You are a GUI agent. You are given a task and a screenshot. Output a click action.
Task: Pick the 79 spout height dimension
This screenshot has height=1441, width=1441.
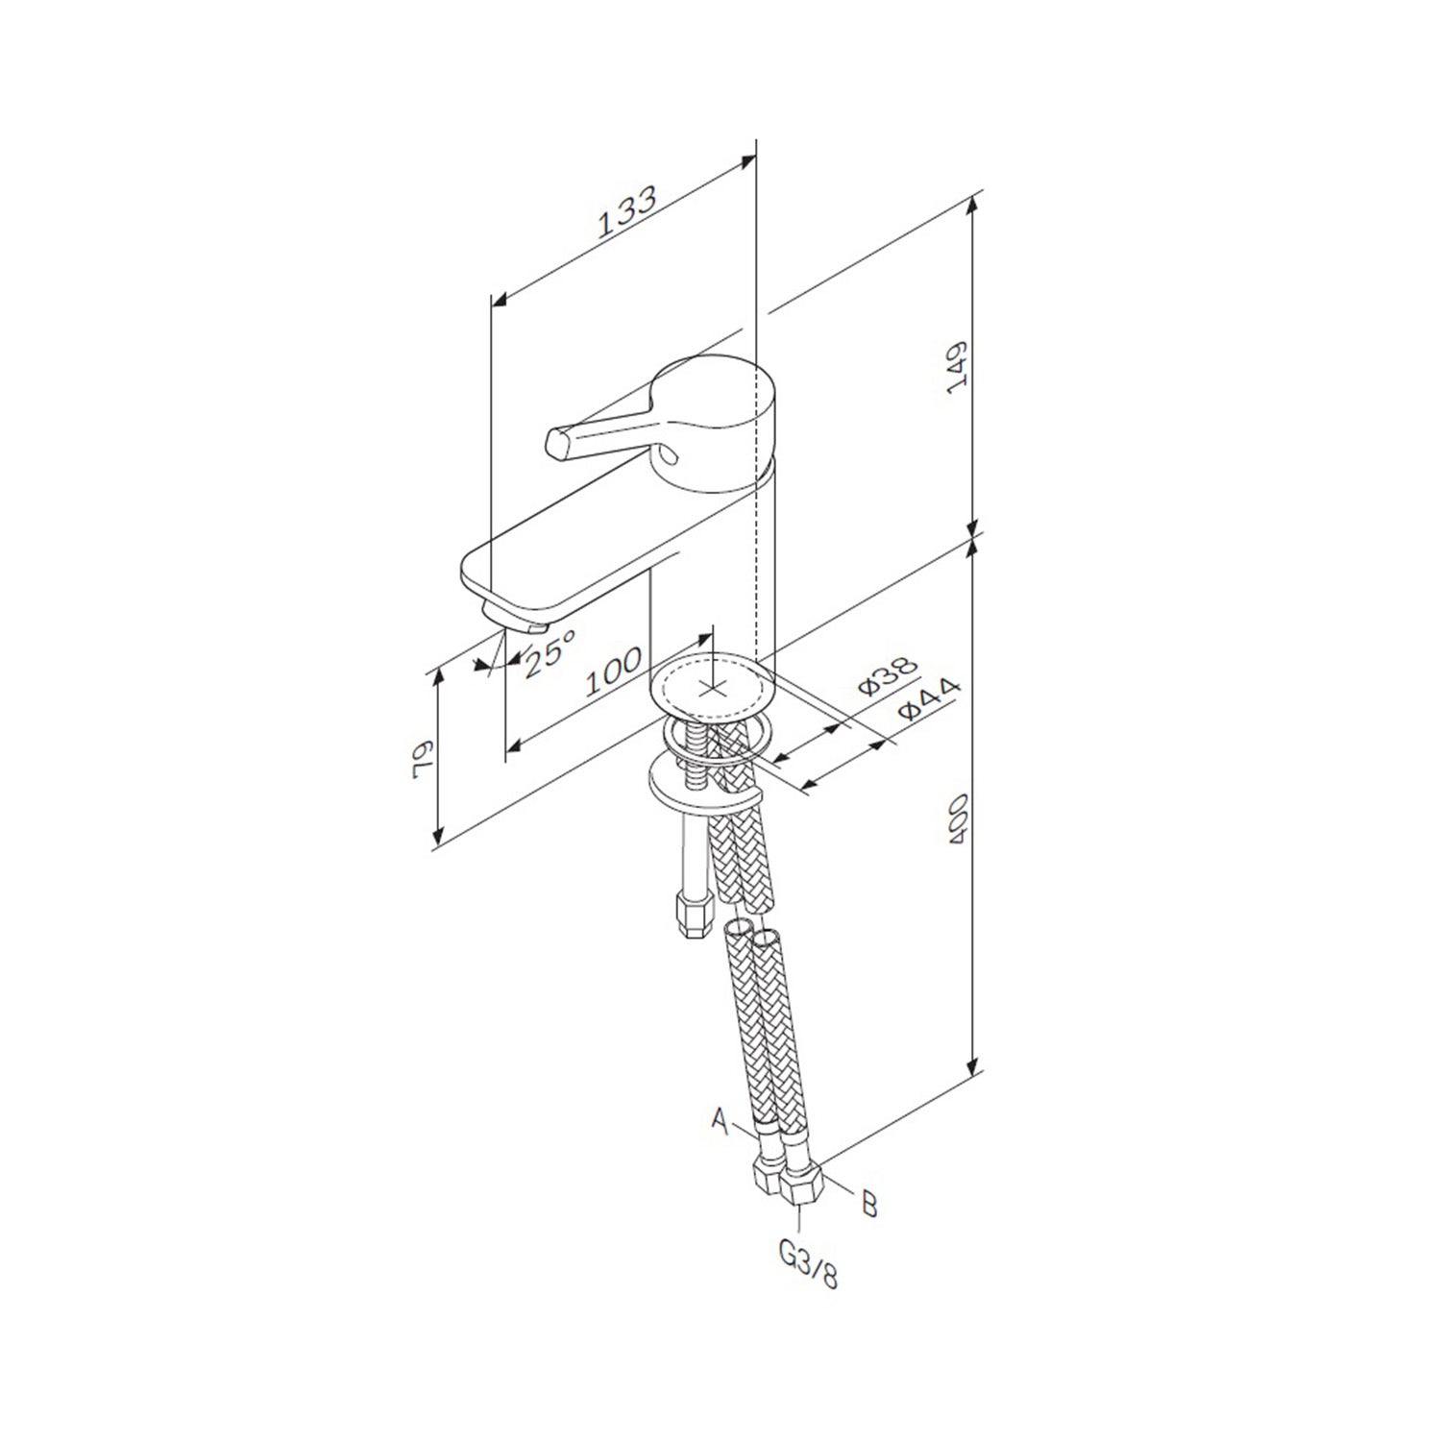tap(420, 758)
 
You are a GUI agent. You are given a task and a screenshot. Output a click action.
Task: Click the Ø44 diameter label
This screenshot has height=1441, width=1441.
tap(929, 699)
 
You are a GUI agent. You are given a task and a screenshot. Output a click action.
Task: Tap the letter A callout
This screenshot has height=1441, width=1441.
tap(719, 1117)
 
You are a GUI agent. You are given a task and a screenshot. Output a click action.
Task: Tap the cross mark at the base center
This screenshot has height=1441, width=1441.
tap(712, 687)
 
